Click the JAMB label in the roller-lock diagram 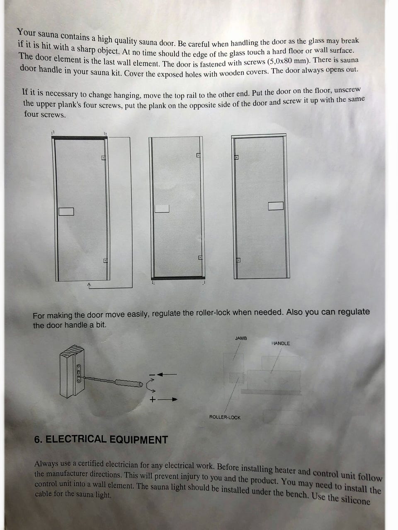pyautogui.click(x=241, y=338)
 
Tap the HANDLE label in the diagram pyautogui.click(x=281, y=343)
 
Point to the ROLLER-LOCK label pyautogui.click(x=225, y=417)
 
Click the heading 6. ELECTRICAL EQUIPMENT pyautogui.click(x=101, y=439)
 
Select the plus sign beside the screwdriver pyautogui.click(x=152, y=400)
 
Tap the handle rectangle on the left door pyautogui.click(x=66, y=212)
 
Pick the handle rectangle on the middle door pyautogui.click(x=162, y=209)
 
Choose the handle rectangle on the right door pyautogui.click(x=276, y=206)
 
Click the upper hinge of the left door pyautogui.click(x=103, y=158)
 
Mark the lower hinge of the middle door pyautogui.click(x=200, y=258)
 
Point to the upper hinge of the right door pyautogui.click(x=237, y=157)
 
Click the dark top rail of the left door pyautogui.click(x=80, y=138)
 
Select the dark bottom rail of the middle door pyautogui.click(x=178, y=278)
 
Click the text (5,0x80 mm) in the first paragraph pyautogui.click(x=288, y=61)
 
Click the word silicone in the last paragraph pyautogui.click(x=356, y=500)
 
